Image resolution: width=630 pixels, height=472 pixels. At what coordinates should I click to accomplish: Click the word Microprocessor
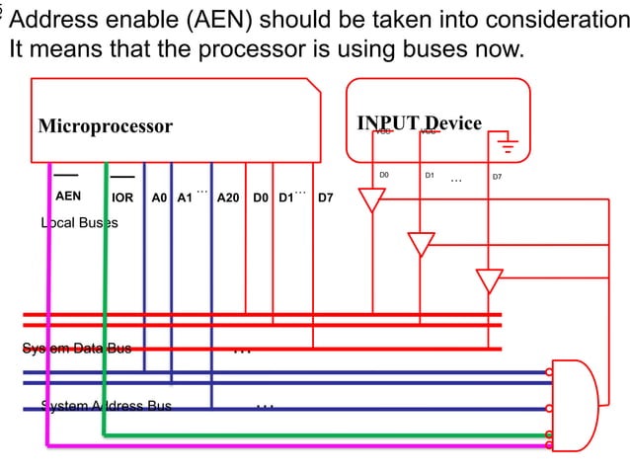tap(105, 126)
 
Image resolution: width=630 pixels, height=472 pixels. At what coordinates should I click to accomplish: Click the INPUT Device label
tap(419, 123)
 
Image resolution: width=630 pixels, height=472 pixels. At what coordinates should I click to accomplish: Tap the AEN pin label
tap(68, 197)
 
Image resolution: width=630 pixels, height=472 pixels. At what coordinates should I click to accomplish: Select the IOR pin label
tap(122, 197)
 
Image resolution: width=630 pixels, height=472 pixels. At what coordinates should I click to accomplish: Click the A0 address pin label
tap(159, 197)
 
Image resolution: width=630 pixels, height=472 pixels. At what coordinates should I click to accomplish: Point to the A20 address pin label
tap(228, 197)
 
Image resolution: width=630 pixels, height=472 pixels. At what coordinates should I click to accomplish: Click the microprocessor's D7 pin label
tap(325, 197)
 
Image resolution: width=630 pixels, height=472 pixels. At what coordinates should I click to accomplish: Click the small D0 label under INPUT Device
tap(384, 176)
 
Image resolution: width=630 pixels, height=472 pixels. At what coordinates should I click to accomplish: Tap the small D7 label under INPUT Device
tap(497, 177)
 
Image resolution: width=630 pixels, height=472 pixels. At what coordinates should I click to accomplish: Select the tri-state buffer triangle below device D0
tap(371, 200)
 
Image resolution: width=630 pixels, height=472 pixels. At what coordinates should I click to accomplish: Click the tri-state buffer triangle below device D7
tap(489, 280)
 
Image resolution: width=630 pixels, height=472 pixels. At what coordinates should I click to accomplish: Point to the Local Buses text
tap(79, 223)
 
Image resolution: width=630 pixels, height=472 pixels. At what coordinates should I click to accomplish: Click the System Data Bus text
tap(77, 349)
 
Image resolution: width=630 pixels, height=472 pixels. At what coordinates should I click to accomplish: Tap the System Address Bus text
tap(106, 406)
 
